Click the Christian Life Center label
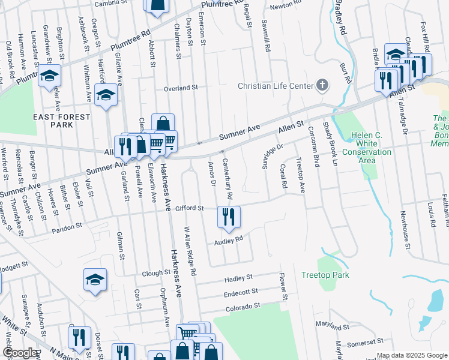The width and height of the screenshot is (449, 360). click(x=276, y=85)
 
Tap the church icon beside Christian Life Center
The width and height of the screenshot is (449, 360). click(x=322, y=85)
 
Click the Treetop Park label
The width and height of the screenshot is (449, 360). click(x=325, y=275)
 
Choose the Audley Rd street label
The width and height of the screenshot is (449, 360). click(x=228, y=241)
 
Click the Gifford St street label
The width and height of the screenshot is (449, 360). click(x=190, y=208)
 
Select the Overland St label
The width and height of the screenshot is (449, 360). click(x=181, y=88)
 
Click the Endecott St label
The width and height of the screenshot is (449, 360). click(x=240, y=292)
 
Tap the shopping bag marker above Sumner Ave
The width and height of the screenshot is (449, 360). click(x=162, y=124)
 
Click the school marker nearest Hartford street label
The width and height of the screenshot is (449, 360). click(x=106, y=96)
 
